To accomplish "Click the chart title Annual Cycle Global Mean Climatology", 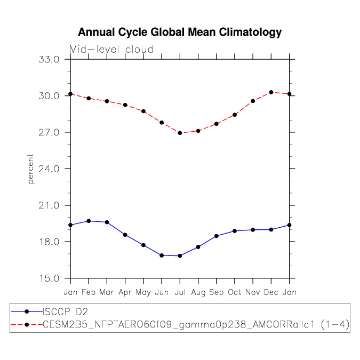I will (180, 33).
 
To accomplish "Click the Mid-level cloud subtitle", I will (111, 50).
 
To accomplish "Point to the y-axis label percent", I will (31, 169).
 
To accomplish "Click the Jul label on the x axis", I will (180, 292).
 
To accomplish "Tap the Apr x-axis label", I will (125, 292).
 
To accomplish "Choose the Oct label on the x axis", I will (235, 292).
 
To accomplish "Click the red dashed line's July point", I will (180, 133).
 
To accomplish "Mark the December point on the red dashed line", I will (271, 92).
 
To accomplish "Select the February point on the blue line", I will (89, 221).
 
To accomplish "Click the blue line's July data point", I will (180, 256).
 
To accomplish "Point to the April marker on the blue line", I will (125, 235).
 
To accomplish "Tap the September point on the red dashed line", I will (217, 124).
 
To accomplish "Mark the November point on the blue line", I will (253, 230).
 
